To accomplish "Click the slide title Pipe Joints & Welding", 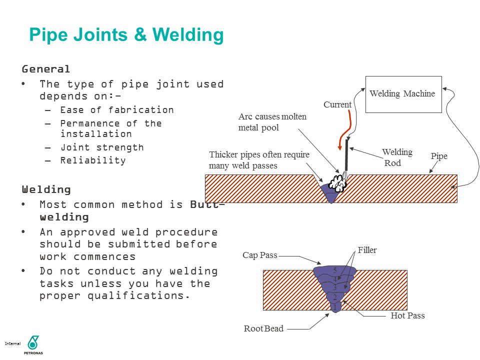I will click(x=126, y=35).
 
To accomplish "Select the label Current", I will click(x=337, y=104).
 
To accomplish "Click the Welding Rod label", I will click(x=396, y=157).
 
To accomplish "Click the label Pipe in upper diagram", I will click(x=439, y=156).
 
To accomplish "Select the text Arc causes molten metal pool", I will click(x=272, y=122).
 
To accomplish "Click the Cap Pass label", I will click(x=259, y=255).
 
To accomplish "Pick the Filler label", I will click(x=367, y=250).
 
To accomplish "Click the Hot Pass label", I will click(x=407, y=315).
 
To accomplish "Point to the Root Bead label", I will click(x=263, y=328).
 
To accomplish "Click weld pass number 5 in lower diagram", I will click(x=335, y=270).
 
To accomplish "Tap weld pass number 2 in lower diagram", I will click(x=334, y=297).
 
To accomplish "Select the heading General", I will click(x=45, y=69).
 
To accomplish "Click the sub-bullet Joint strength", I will click(x=101, y=147).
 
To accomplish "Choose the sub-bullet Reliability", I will click(x=93, y=160).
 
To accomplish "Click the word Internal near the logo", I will click(x=12, y=343).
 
